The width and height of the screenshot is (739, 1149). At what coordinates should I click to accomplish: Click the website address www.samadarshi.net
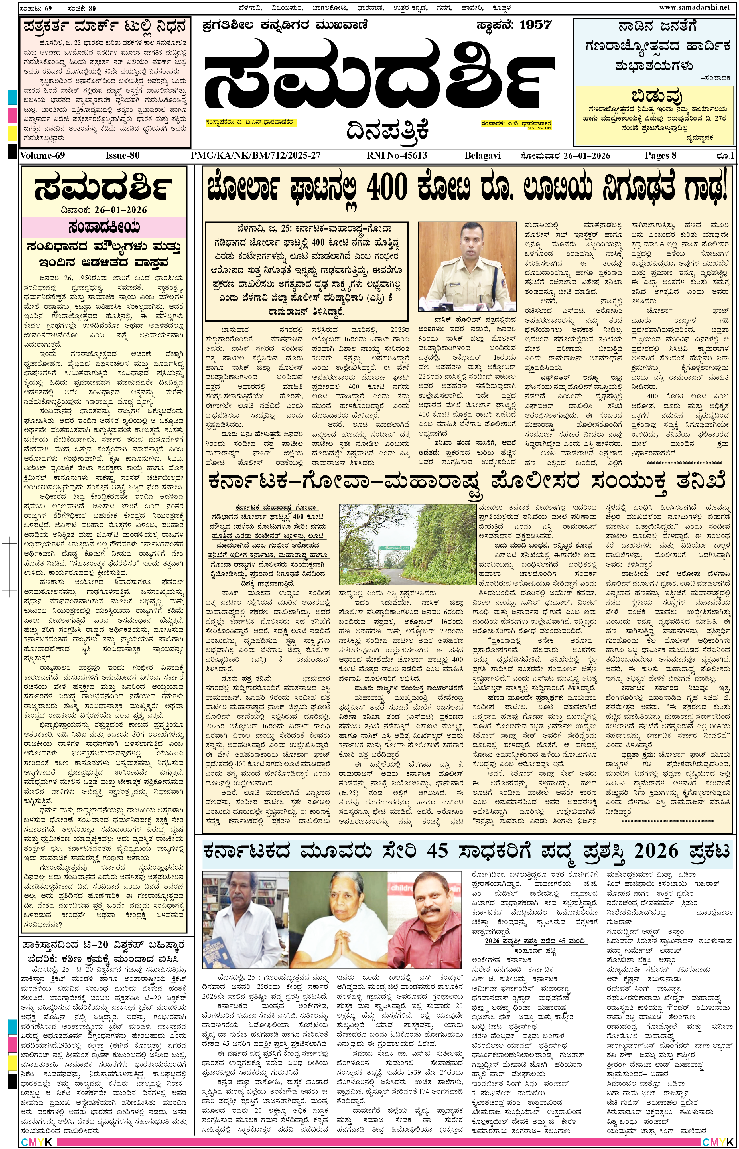click(694, 7)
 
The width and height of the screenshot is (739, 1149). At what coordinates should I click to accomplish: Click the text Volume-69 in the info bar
click(42, 155)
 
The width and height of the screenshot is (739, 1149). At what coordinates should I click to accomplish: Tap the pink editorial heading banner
click(104, 227)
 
